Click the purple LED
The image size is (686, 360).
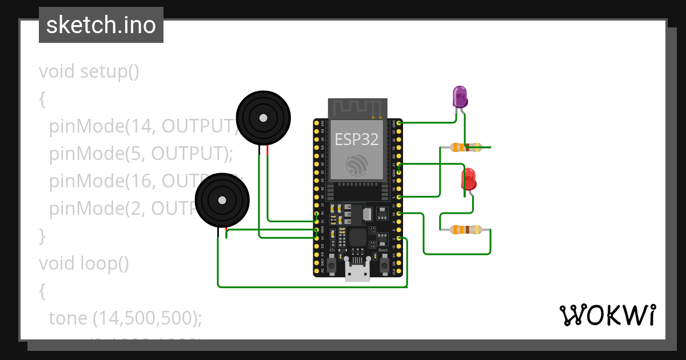pyautogui.click(x=460, y=97)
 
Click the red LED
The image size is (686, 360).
pyautogui.click(x=469, y=179)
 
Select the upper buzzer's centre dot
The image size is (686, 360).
pyautogui.click(x=262, y=118)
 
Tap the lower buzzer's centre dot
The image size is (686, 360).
pyautogui.click(x=221, y=200)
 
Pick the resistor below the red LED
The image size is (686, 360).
pyautogui.click(x=465, y=230)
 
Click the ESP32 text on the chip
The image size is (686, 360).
pyautogui.click(x=357, y=139)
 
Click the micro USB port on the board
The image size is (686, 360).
pyautogui.click(x=357, y=274)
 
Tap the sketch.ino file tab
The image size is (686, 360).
pyautogui.click(x=101, y=25)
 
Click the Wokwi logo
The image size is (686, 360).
pyautogui.click(x=607, y=315)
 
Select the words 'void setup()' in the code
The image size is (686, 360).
pyautogui.click(x=89, y=72)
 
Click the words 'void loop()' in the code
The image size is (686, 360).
pyautogui.click(x=84, y=263)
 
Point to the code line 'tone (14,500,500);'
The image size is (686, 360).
pyautogui.click(x=125, y=318)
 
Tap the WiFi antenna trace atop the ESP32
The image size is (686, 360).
pyautogui.click(x=357, y=107)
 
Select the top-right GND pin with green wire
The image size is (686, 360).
pyautogui.click(x=399, y=122)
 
